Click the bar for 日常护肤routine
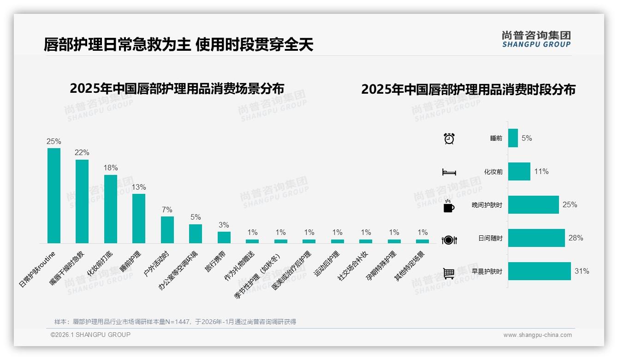pos(54,196)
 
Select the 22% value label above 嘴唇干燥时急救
pos(82,153)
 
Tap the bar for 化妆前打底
pos(111,209)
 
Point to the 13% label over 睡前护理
pos(139,187)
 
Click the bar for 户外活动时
pos(167,230)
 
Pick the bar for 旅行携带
pos(224,237)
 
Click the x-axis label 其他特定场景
pos(410,266)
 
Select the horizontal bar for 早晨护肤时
pos(539,271)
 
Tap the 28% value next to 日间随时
pos(576,238)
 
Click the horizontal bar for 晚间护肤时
pos(533,205)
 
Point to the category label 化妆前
pos(493,172)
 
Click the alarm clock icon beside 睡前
pos(449,138)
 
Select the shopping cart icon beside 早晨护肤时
pos(449,273)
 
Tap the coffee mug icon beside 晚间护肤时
pos(449,206)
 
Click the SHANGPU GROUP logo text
pos(536,44)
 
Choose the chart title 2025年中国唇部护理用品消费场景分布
pos(177,89)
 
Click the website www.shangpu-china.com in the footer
pos(537,335)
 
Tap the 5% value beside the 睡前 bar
pos(527,138)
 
